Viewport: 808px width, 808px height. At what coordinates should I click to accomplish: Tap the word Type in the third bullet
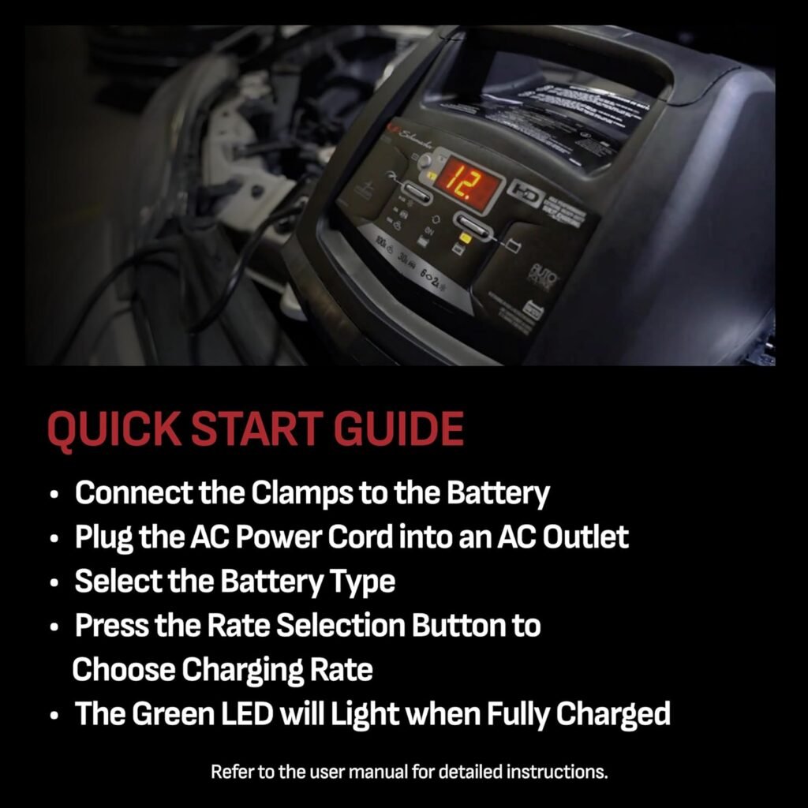click(x=359, y=582)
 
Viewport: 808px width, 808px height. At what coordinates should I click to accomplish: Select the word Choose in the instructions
click(x=123, y=670)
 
